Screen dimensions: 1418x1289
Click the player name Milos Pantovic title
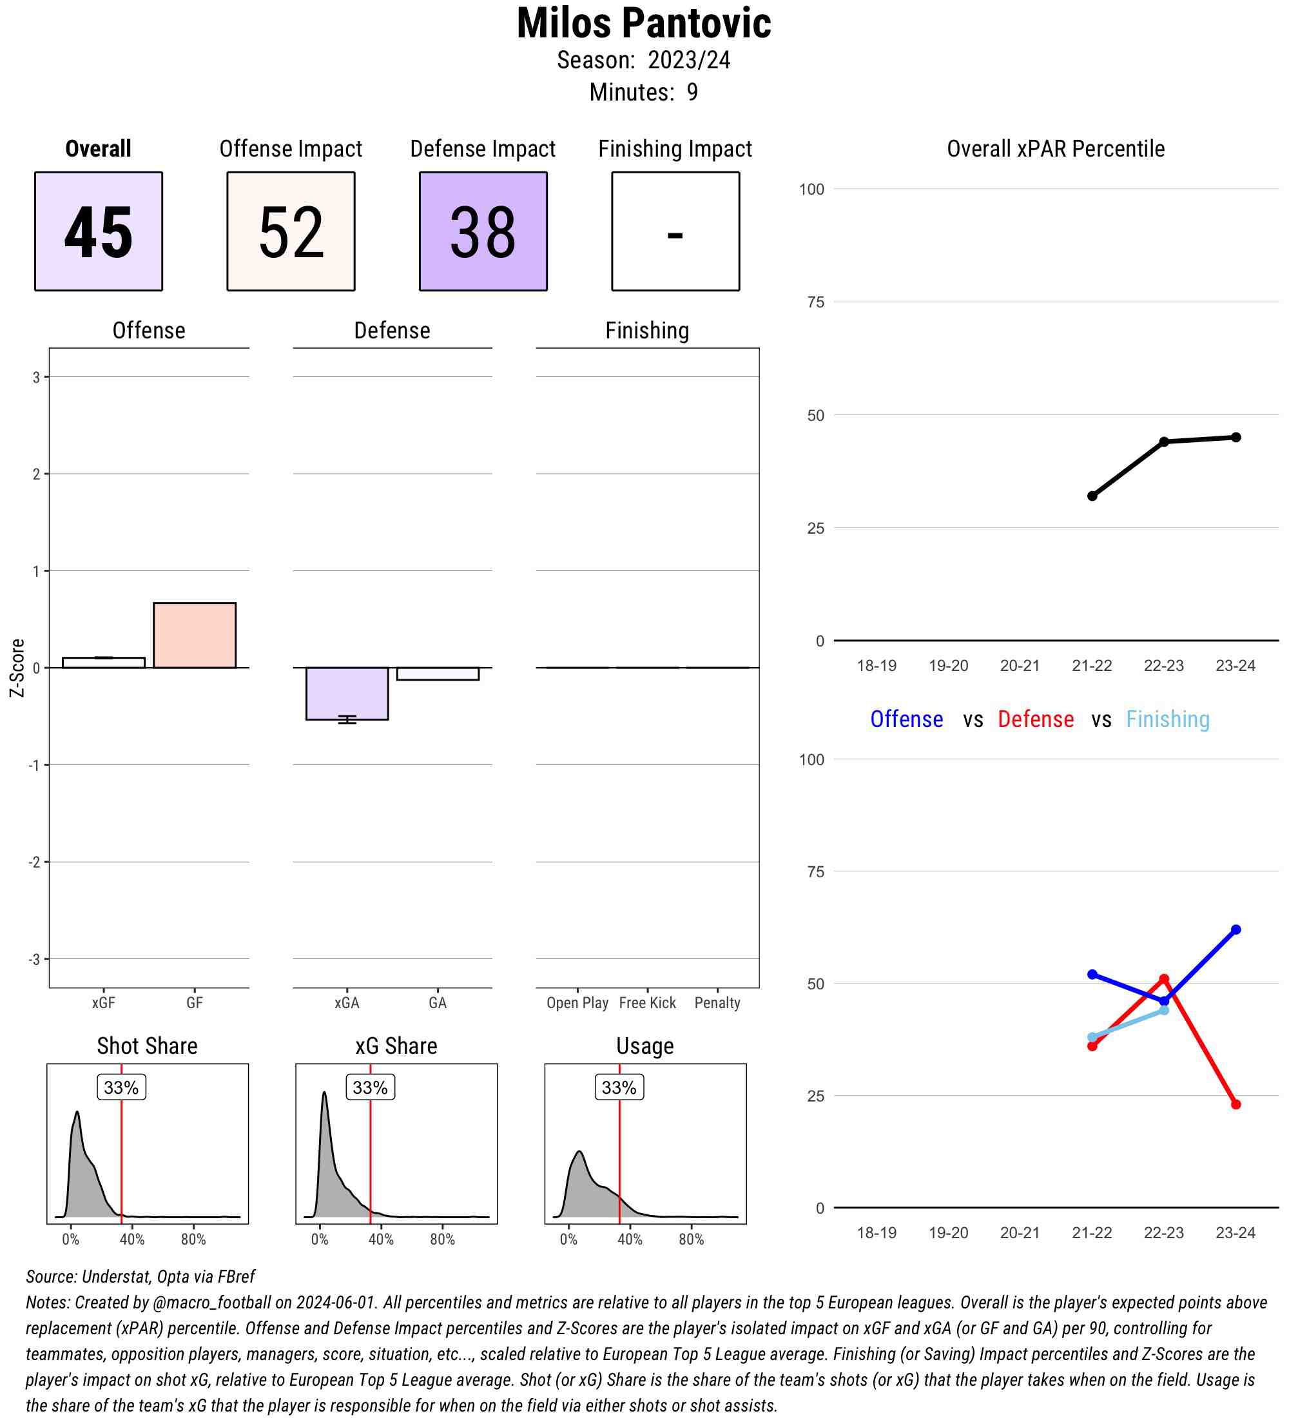pyautogui.click(x=643, y=24)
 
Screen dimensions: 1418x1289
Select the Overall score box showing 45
pyautogui.click(x=99, y=231)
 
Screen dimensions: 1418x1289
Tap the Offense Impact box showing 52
pyautogui.click(x=291, y=231)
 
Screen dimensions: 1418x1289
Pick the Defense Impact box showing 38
pyautogui.click(x=483, y=231)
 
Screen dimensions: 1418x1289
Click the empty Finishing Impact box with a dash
pyautogui.click(x=675, y=231)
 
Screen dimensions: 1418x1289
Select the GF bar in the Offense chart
pyautogui.click(x=195, y=635)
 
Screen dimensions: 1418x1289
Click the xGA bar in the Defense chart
pyautogui.click(x=347, y=694)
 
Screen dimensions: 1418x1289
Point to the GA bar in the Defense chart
pyautogui.click(x=438, y=674)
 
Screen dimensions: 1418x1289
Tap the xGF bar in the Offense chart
pyautogui.click(x=103, y=663)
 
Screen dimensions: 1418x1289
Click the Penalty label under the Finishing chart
pyautogui.click(x=717, y=1003)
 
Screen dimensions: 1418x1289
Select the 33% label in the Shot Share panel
pyautogui.click(x=121, y=1087)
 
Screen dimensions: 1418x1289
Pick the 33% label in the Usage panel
pyautogui.click(x=619, y=1087)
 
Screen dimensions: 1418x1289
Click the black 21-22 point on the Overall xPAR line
pyautogui.click(x=1092, y=496)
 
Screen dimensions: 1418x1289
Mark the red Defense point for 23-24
pyautogui.click(x=1236, y=1104)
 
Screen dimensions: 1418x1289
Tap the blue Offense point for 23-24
pyautogui.click(x=1236, y=930)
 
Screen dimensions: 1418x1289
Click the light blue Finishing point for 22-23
pyautogui.click(x=1164, y=1010)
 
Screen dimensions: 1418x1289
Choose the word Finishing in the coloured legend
pyautogui.click(x=1167, y=719)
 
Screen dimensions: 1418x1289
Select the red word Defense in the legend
pyautogui.click(x=1036, y=719)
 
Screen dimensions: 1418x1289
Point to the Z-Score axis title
pyautogui.click(x=17, y=668)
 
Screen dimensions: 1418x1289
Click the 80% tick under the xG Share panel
pyautogui.click(x=442, y=1239)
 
